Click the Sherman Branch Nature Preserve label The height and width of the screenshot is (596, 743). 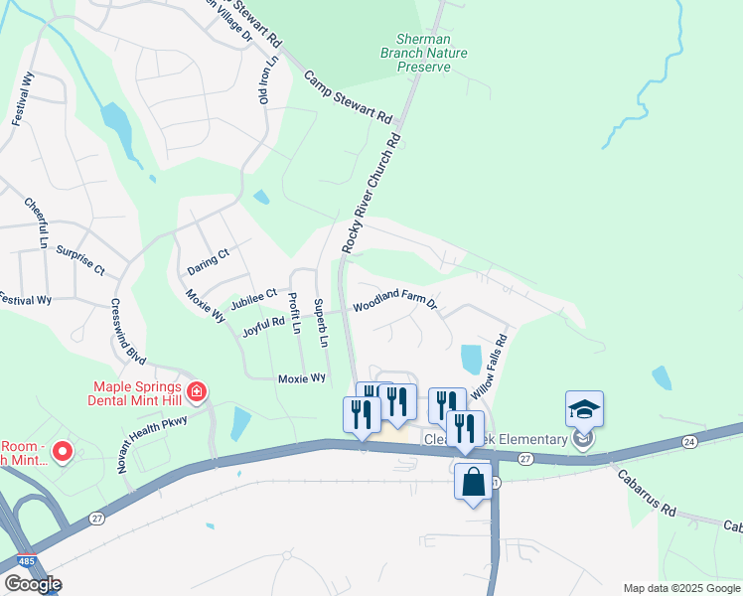coord(416,53)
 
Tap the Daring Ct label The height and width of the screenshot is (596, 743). coord(208,261)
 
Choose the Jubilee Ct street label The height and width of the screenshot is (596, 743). coord(252,298)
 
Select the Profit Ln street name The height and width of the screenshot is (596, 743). coord(294,312)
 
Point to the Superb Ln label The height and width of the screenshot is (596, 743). coord(320,322)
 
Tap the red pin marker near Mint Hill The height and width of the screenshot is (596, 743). coord(62,452)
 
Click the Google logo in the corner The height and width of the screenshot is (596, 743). coord(33,584)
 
